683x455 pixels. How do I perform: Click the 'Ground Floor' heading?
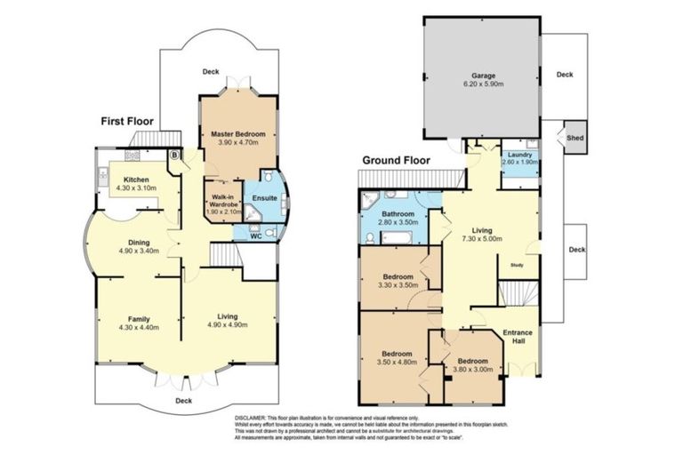(x=396, y=161)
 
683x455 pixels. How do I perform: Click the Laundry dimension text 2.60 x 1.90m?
(x=519, y=162)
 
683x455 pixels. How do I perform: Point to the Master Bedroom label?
(x=237, y=133)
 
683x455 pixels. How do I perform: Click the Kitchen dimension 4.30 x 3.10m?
(x=133, y=188)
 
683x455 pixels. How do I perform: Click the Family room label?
(x=138, y=318)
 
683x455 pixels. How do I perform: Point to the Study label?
(x=517, y=264)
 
